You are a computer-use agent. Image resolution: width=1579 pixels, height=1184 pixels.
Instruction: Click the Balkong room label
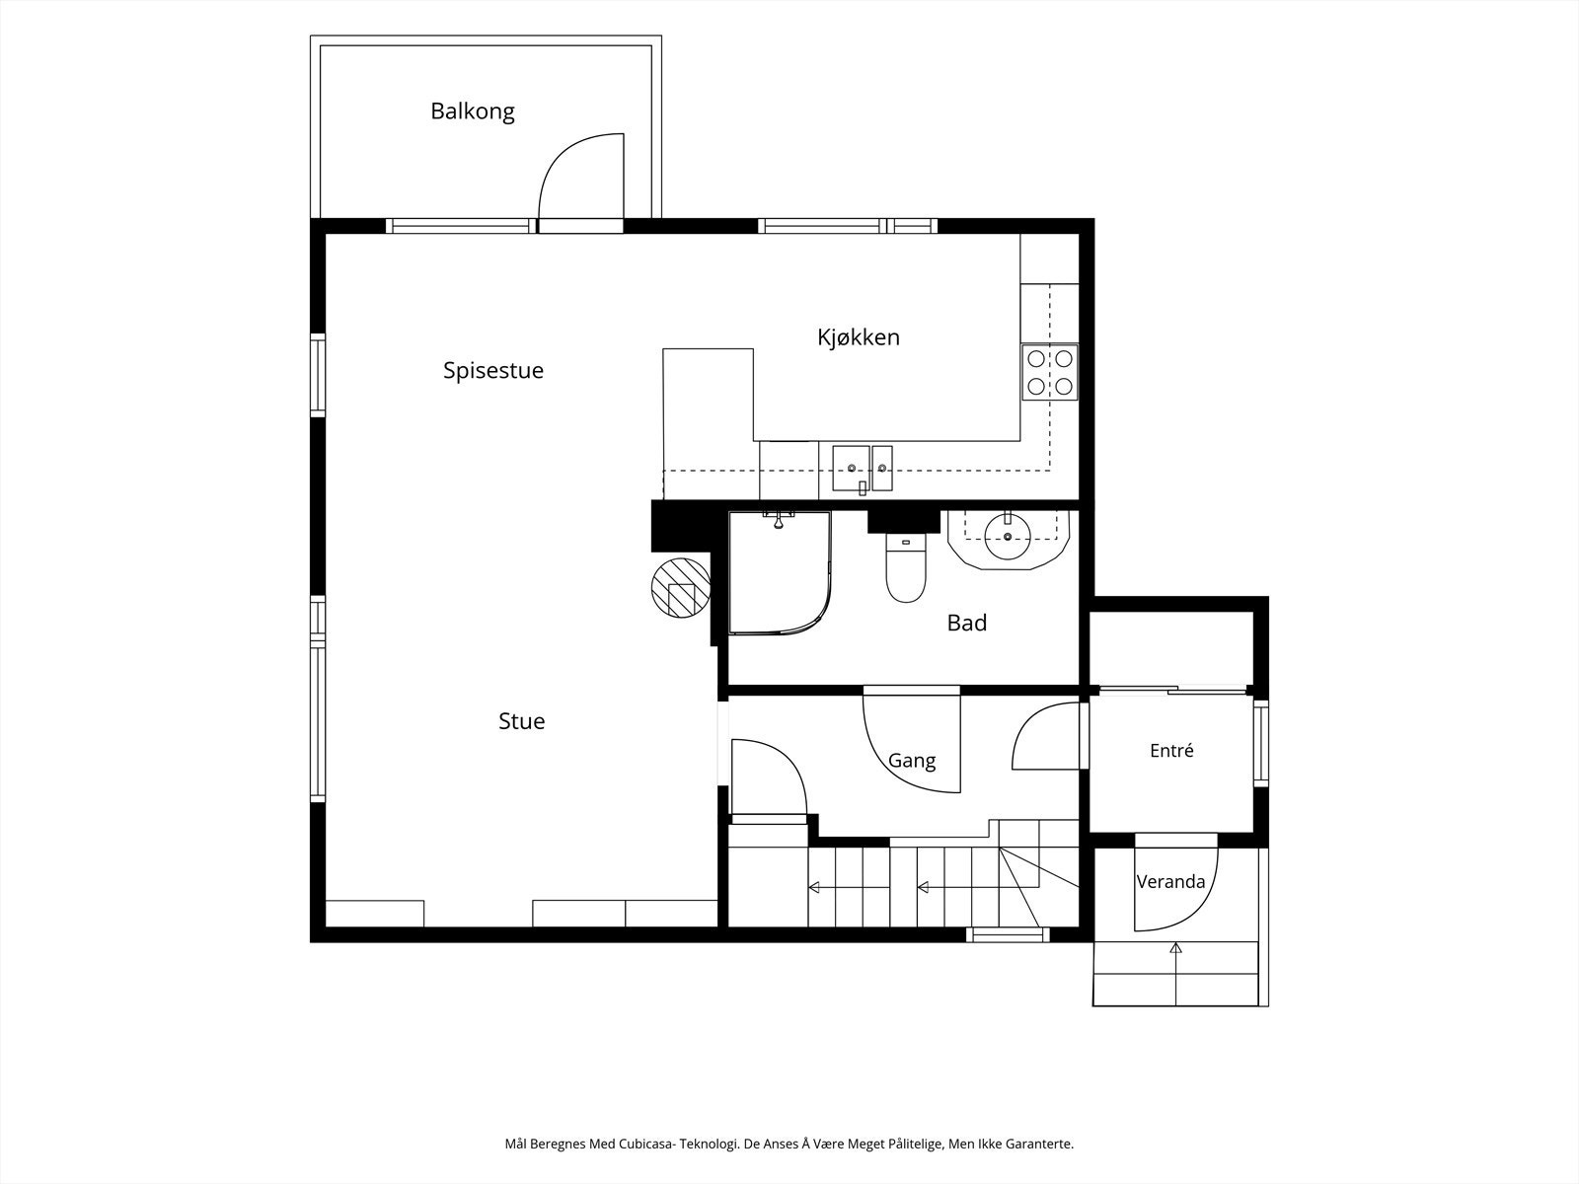pyautogui.click(x=473, y=111)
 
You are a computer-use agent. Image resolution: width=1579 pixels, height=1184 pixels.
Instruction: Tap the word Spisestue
pyautogui.click(x=492, y=370)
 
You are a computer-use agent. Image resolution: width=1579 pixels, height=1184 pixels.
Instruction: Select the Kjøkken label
pyautogui.click(x=859, y=336)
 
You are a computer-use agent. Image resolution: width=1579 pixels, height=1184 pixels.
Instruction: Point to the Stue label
pyautogui.click(x=521, y=721)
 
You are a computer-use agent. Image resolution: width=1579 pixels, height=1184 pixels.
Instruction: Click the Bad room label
pyautogui.click(x=967, y=623)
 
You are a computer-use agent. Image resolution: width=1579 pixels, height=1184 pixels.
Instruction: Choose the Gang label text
pyautogui.click(x=912, y=761)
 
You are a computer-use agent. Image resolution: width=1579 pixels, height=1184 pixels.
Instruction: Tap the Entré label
pyautogui.click(x=1171, y=750)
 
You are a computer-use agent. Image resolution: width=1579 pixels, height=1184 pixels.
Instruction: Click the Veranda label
pyautogui.click(x=1170, y=881)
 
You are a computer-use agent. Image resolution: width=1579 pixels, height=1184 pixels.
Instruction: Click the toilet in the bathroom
pyautogui.click(x=906, y=568)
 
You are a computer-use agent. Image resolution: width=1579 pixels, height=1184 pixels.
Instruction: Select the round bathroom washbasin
pyautogui.click(x=1008, y=537)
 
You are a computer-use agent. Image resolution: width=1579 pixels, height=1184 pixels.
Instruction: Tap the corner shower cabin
pyautogui.click(x=780, y=573)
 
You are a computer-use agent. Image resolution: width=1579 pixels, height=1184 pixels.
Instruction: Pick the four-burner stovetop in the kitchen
pyautogui.click(x=1050, y=372)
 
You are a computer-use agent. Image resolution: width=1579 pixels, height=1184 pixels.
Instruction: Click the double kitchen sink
pyautogui.click(x=863, y=468)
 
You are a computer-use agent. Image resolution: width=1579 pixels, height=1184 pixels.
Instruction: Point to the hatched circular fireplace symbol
pyautogui.click(x=681, y=587)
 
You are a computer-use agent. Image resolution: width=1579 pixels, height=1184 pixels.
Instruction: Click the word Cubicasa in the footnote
pyautogui.click(x=643, y=1144)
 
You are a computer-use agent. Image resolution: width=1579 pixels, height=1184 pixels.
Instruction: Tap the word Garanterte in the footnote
pyautogui.click(x=1041, y=1144)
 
